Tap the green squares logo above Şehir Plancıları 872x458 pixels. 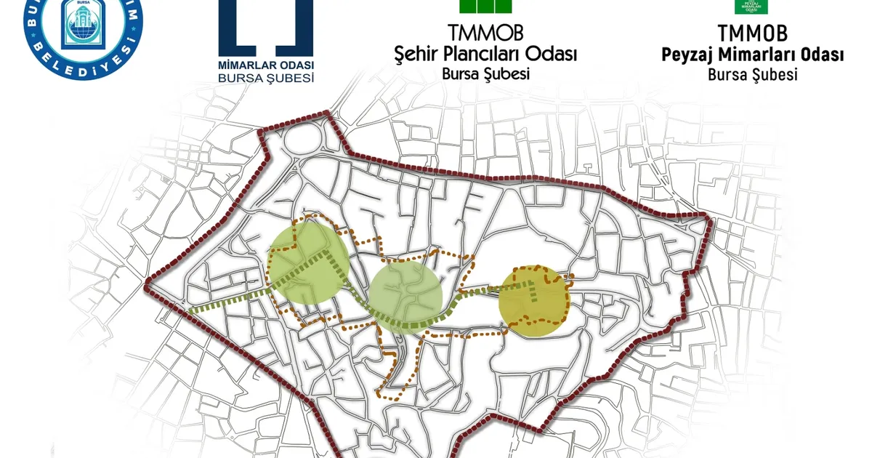pos(485,7)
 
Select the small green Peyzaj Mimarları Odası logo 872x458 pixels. pos(752,6)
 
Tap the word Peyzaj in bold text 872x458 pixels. pos(689,55)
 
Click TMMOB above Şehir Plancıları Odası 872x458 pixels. pos(485,33)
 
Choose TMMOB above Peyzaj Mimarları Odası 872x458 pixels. pos(752,33)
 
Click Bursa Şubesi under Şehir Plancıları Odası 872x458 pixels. pos(485,73)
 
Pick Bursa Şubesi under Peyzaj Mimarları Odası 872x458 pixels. pos(752,73)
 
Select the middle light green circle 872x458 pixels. pos(405,297)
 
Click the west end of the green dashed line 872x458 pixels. pos(190,310)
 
